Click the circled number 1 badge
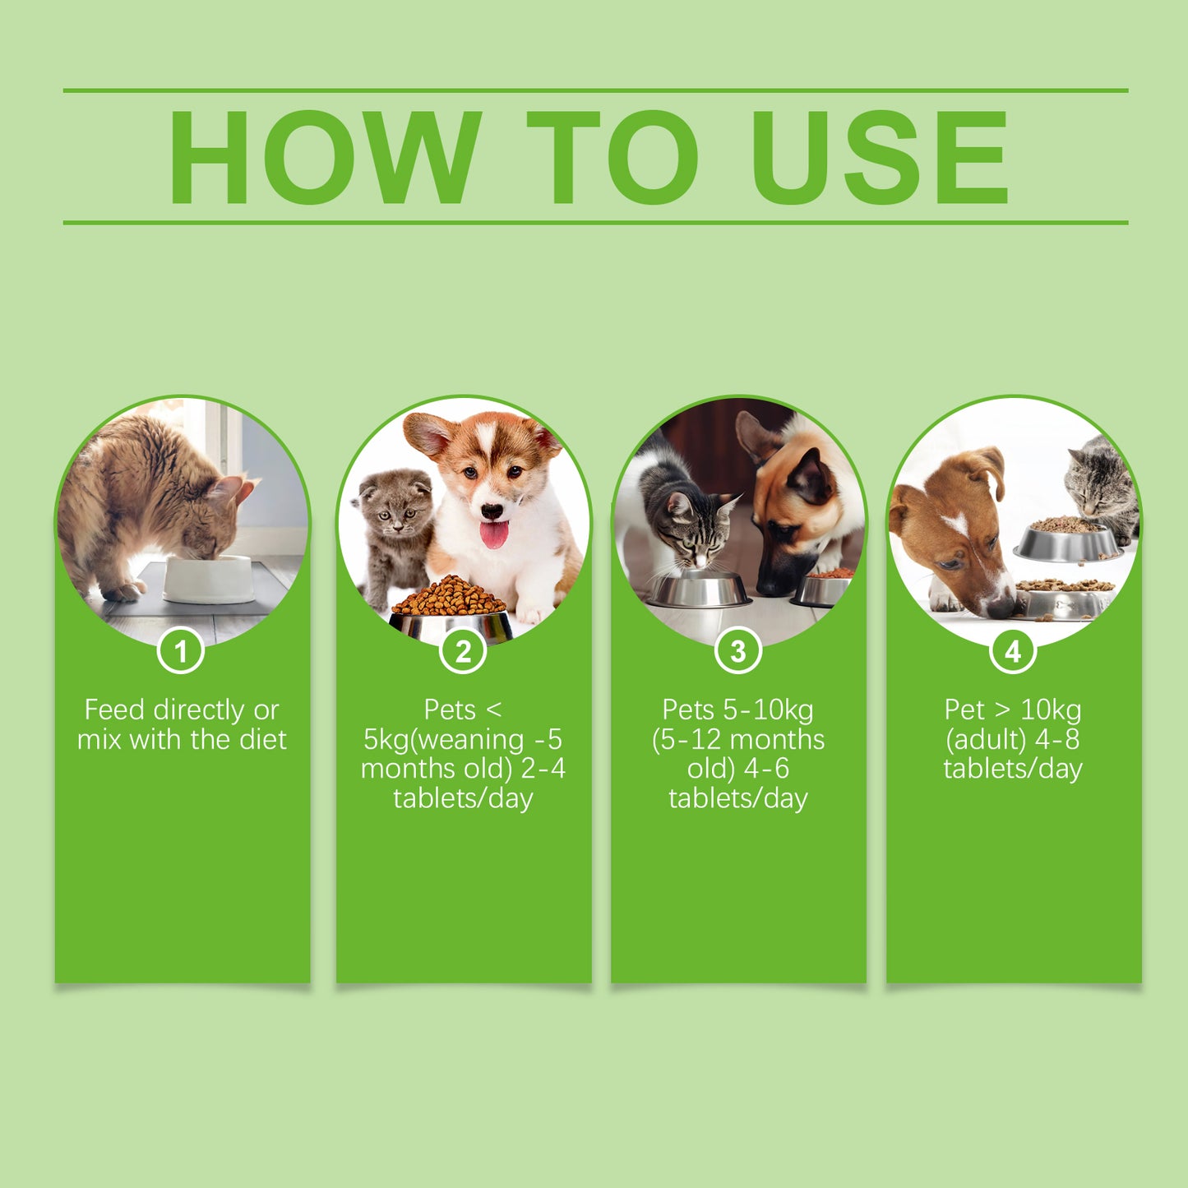[181, 651]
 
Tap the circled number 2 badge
[463, 651]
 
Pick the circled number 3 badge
[737, 651]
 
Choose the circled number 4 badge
[1013, 651]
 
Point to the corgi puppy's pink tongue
[493, 534]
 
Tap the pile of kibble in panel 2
[449, 596]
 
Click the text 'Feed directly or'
[182, 710]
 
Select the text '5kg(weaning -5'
[463, 739]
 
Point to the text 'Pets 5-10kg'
[737, 710]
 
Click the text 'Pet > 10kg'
[1013, 710]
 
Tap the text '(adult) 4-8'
[1013, 739]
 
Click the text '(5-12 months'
[737, 739]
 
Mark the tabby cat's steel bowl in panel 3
[699, 590]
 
